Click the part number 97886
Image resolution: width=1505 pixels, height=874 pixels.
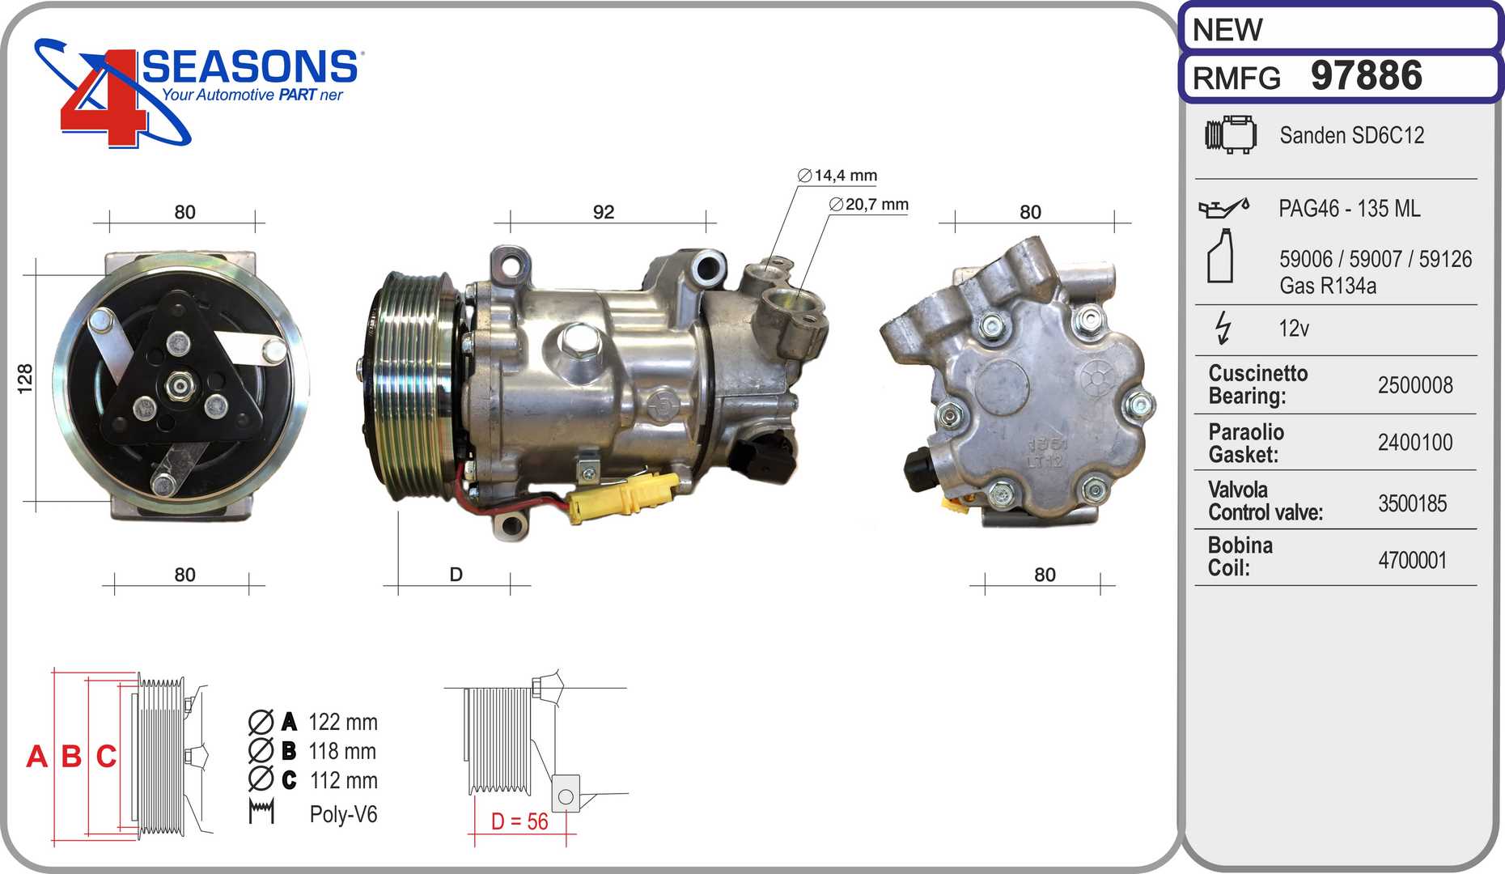(x=1366, y=75)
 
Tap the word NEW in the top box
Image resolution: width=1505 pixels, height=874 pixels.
(x=1227, y=30)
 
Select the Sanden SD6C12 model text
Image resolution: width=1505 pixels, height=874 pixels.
(x=1351, y=135)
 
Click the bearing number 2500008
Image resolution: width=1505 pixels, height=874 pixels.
(x=1415, y=385)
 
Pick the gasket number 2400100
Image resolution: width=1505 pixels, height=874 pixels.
(x=1415, y=442)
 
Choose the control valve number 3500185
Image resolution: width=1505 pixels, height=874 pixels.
(x=1413, y=503)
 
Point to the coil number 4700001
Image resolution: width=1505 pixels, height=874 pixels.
(x=1413, y=560)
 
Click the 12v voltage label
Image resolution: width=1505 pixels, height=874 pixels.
(x=1294, y=328)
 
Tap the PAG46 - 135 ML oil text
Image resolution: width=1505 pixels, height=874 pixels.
(x=1349, y=208)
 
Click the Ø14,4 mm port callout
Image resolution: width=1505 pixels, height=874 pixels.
(x=837, y=176)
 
